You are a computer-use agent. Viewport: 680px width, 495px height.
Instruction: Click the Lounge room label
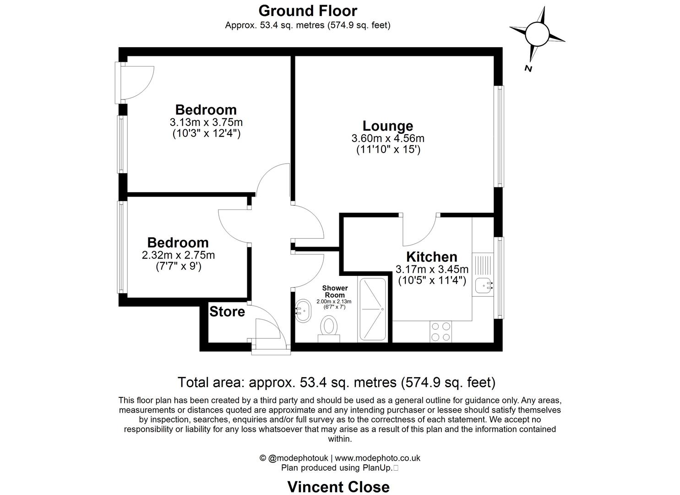(x=387, y=126)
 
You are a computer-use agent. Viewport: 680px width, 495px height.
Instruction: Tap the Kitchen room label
(x=431, y=257)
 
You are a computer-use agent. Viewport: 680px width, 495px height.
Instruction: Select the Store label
(x=227, y=312)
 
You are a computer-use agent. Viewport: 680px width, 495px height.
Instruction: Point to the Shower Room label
(x=335, y=291)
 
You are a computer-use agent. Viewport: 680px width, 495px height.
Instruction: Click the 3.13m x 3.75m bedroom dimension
(x=206, y=122)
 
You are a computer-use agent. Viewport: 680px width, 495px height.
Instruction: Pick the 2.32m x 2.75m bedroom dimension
(x=178, y=255)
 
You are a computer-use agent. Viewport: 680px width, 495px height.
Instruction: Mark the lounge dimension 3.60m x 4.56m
(x=387, y=138)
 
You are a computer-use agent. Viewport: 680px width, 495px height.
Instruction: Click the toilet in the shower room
(x=328, y=328)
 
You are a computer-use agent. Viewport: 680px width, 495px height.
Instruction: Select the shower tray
(x=373, y=309)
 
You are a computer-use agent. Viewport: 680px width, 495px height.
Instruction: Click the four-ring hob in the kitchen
(x=441, y=331)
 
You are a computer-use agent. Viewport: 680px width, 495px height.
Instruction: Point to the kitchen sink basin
(x=483, y=286)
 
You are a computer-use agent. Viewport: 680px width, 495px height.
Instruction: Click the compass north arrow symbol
(x=537, y=34)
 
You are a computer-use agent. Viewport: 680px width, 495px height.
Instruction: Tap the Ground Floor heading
(x=308, y=10)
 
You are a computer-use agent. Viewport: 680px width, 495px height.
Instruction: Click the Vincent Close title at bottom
(x=338, y=486)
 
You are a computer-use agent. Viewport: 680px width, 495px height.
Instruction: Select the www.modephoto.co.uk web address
(x=377, y=458)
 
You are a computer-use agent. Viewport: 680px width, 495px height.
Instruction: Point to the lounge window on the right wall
(x=500, y=136)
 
